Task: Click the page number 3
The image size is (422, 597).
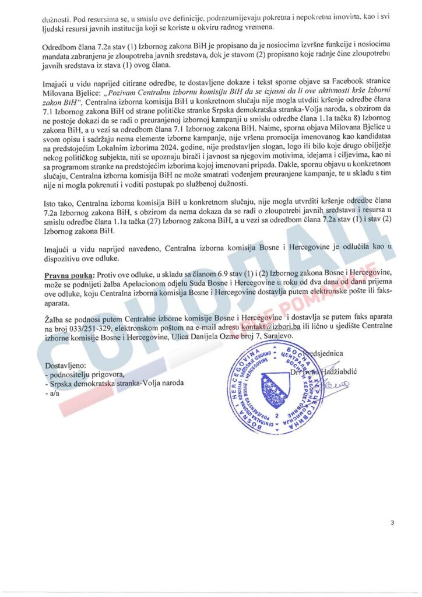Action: tap(392, 522)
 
